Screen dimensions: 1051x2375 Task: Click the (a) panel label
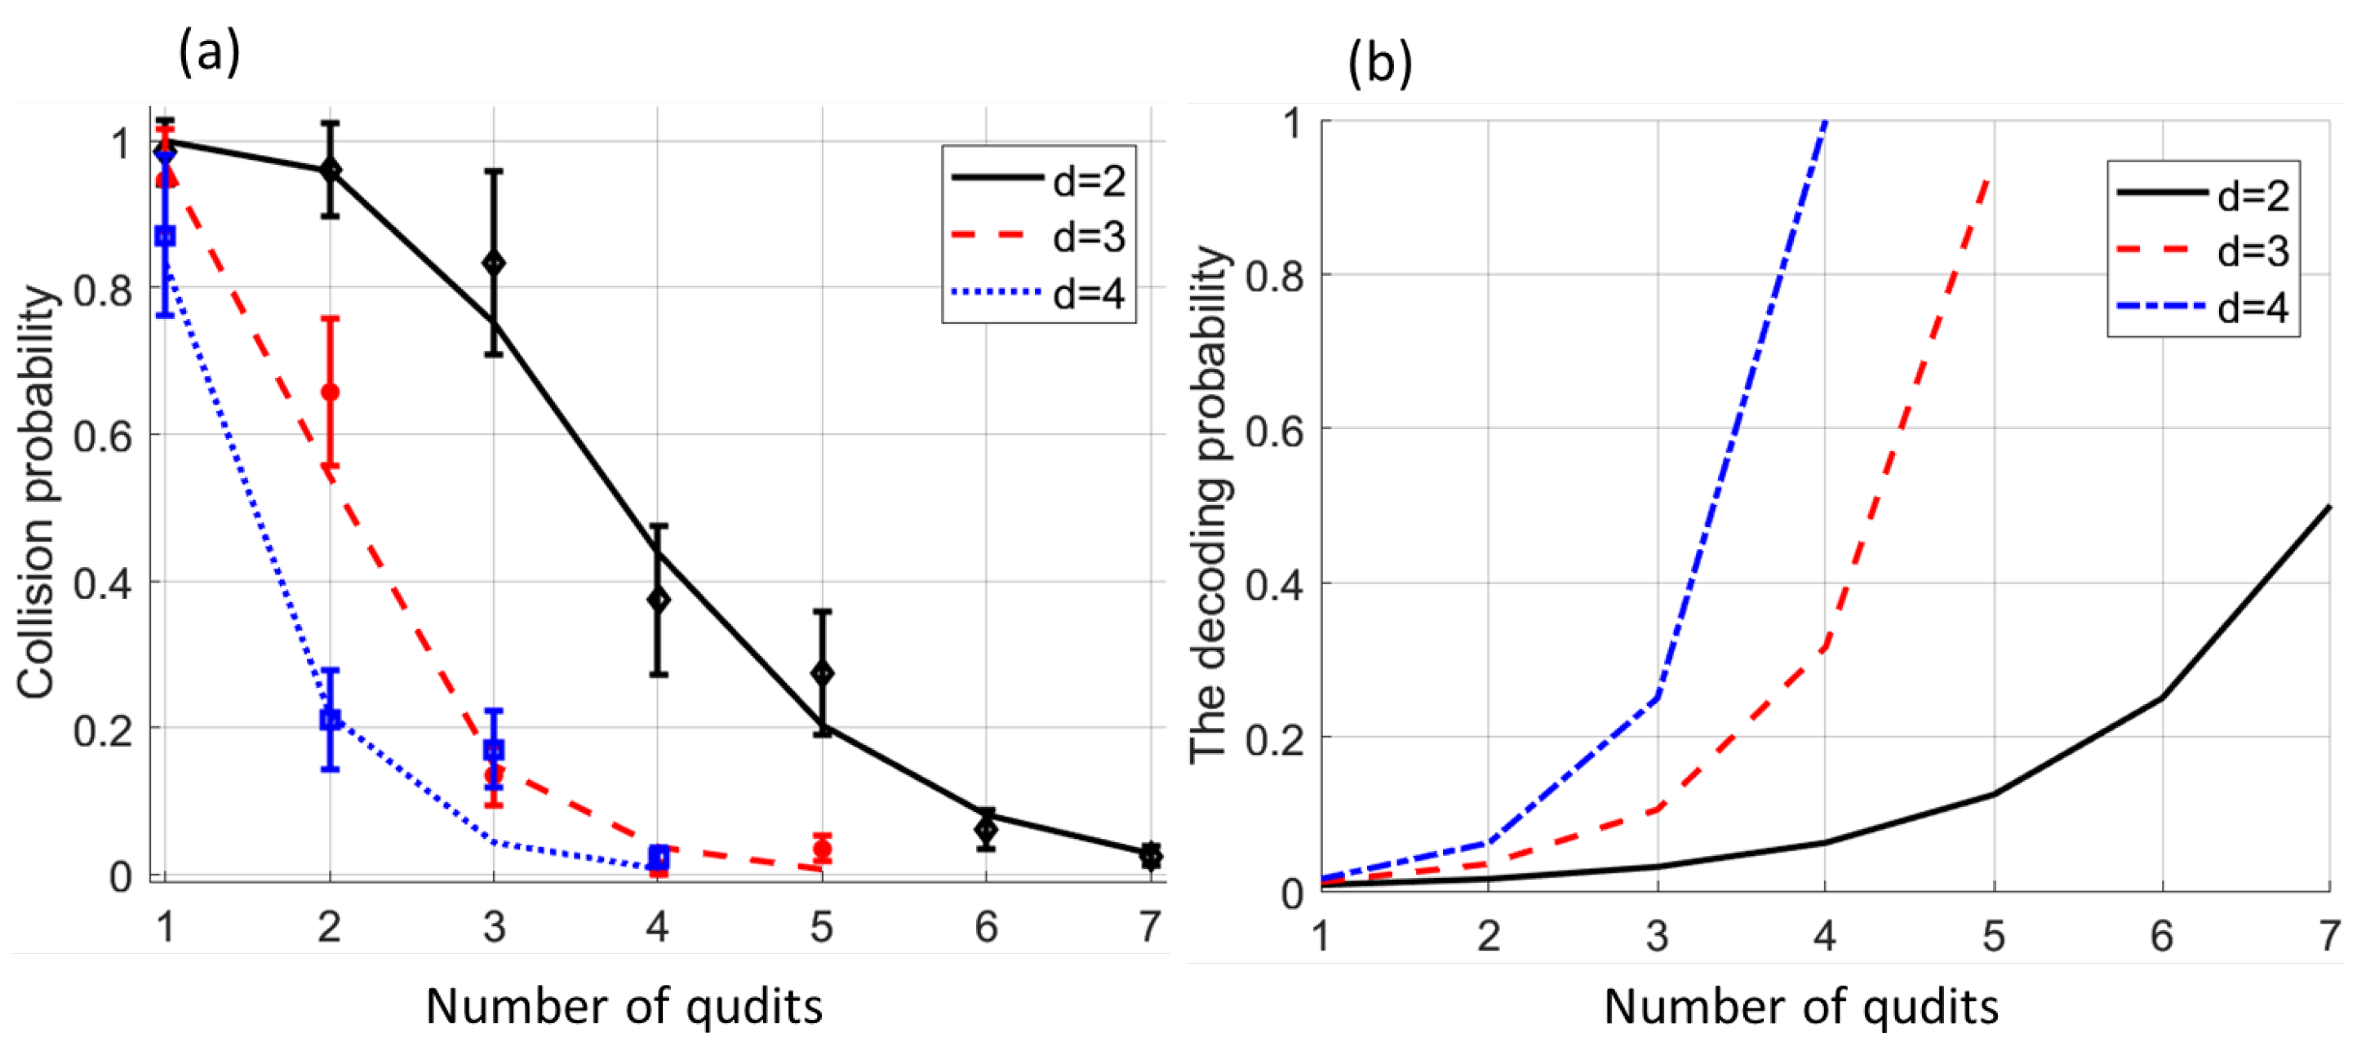(209, 51)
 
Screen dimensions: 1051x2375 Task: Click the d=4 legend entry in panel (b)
(2203, 306)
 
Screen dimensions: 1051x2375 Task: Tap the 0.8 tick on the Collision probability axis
(104, 290)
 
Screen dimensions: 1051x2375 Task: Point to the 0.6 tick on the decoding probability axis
(1274, 429)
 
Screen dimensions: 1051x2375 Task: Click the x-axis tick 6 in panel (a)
(986, 926)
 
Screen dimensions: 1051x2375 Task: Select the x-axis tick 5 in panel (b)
(1993, 936)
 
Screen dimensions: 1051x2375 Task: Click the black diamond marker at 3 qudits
(494, 264)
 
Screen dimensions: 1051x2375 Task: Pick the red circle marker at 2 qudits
(330, 392)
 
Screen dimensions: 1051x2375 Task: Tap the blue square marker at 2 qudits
(330, 719)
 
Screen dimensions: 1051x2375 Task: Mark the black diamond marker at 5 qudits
(823, 673)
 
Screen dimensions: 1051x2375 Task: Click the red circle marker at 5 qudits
(823, 848)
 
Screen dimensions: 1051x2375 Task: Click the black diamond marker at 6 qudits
(986, 830)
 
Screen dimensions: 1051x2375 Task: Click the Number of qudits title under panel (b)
(1800, 1007)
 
